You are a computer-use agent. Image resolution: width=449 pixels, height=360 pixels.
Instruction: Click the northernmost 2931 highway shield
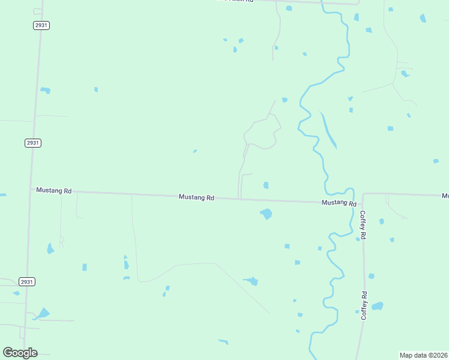tap(41, 25)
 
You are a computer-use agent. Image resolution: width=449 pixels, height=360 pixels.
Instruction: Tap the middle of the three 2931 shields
tap(33, 143)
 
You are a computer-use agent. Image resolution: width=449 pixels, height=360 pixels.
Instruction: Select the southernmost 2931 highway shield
tap(26, 281)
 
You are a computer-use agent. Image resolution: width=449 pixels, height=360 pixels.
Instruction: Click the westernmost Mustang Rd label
tap(53, 190)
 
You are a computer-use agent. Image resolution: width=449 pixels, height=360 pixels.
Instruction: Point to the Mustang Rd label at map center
tap(196, 197)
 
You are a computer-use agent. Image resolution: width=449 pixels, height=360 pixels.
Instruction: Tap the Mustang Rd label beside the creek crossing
tap(338, 203)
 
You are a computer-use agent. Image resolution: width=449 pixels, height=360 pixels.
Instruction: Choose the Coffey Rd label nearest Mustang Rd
tap(363, 225)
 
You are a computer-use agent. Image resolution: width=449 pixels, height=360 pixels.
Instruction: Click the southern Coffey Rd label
tap(364, 305)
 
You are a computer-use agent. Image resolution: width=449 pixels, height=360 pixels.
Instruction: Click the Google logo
tap(20, 352)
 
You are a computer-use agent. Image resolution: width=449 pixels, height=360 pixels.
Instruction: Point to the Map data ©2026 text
tap(424, 355)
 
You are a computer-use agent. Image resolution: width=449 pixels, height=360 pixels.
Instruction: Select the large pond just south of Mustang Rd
tap(266, 214)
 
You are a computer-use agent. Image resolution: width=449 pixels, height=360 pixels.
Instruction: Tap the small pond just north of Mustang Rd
tap(265, 185)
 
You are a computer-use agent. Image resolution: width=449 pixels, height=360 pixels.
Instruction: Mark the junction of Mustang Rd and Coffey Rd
tap(363, 194)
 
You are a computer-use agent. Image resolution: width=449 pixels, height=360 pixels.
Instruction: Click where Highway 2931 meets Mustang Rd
tap(30, 190)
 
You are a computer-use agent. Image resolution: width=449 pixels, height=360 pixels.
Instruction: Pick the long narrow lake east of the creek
tap(328, 131)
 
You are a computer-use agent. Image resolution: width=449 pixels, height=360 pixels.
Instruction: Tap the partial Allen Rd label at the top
tap(237, 1)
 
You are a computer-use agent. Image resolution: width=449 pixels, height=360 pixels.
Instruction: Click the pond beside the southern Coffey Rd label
tap(377, 306)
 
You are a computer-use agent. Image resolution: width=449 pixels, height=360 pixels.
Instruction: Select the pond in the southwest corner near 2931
tap(43, 313)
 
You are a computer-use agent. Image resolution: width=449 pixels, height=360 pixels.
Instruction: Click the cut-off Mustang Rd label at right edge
tap(445, 196)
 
